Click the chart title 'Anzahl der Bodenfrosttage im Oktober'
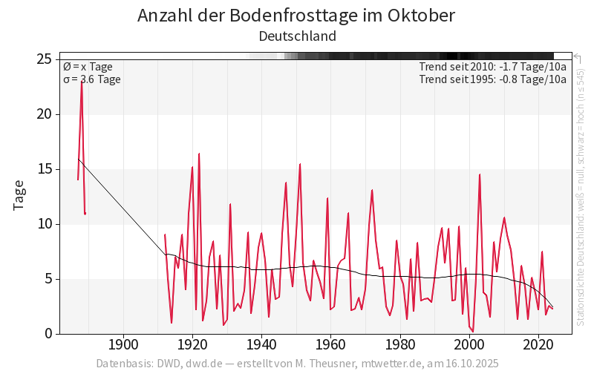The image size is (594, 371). pos(296,16)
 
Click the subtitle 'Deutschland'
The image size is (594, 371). pos(297,36)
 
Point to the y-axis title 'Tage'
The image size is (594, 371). pos(19,194)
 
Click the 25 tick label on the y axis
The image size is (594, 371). pos(44,59)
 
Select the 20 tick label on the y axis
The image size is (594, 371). pos(44,114)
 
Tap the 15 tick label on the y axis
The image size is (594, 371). pos(44,169)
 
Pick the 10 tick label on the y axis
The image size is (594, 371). pos(44,224)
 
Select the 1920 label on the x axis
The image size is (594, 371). pos(192,345)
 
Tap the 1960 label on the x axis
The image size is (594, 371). pos(330,345)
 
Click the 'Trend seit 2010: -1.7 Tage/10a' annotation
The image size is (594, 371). pos(492,67)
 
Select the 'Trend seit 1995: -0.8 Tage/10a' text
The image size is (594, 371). pos(492,79)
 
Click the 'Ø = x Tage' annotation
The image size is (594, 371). pos(88,67)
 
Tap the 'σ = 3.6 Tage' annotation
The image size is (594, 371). pos(91,79)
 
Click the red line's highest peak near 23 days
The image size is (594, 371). pos(82,82)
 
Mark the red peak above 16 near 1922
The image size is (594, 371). pos(199,154)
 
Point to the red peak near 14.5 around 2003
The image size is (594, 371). pos(480,174)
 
